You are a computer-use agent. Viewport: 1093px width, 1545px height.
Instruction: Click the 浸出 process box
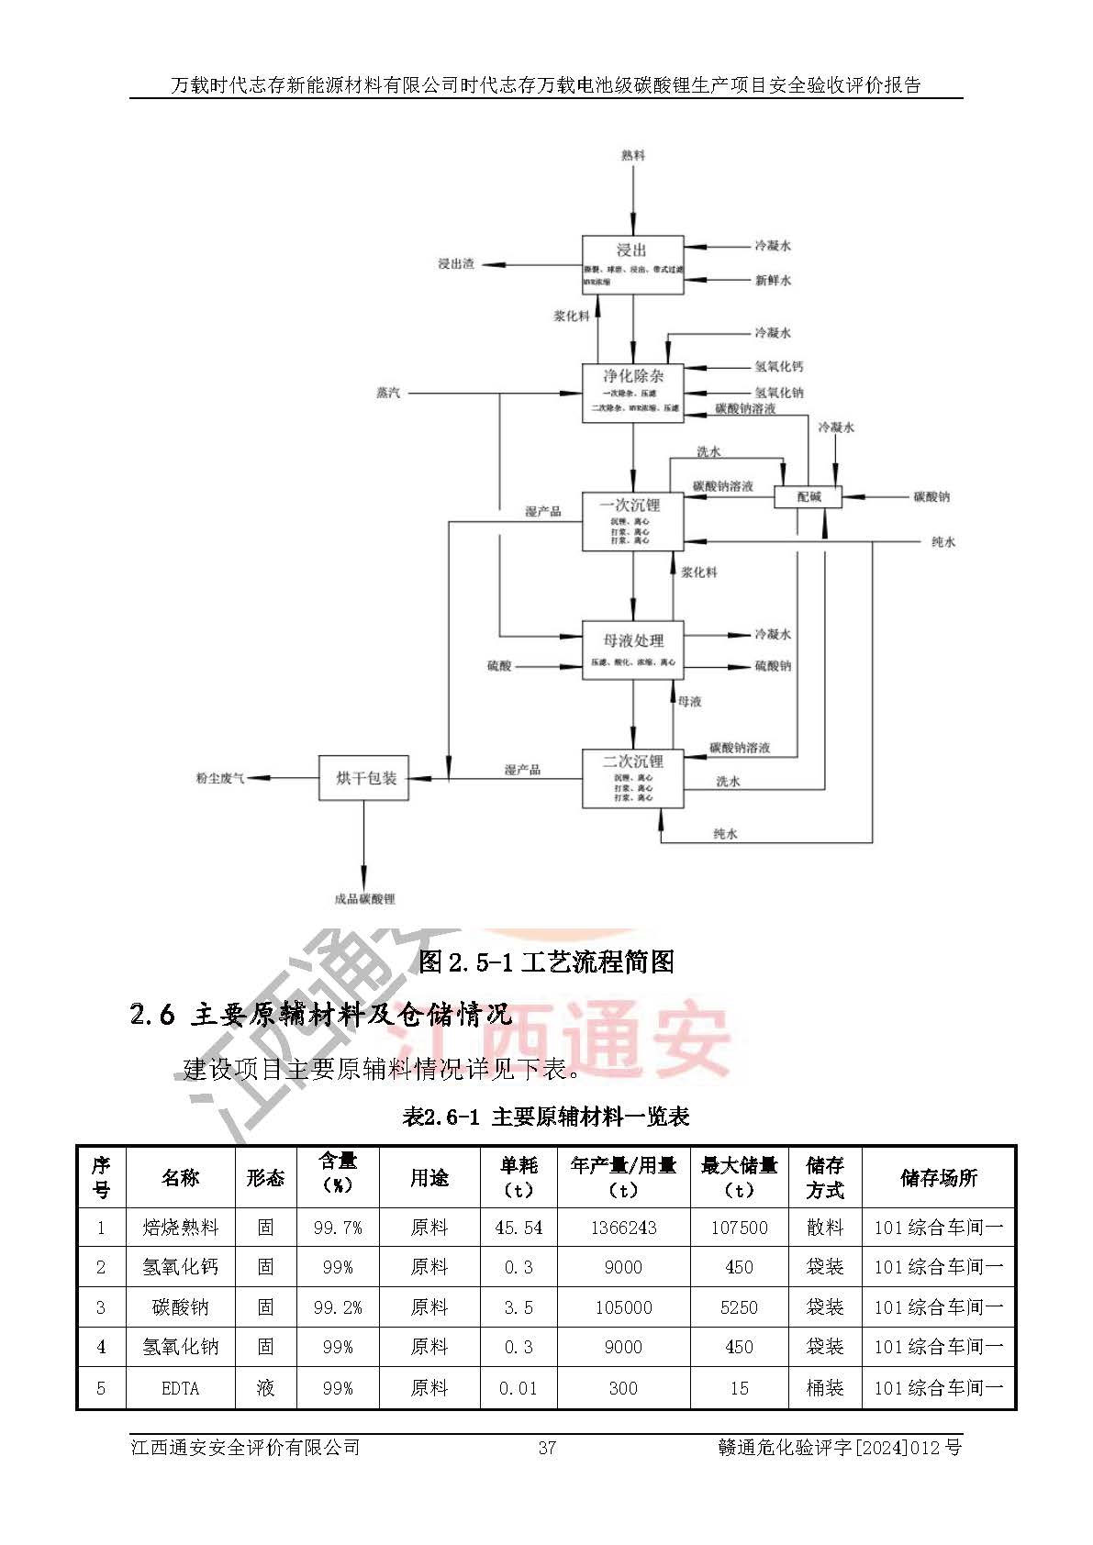(x=632, y=265)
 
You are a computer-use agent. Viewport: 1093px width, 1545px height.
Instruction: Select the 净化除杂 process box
(x=632, y=392)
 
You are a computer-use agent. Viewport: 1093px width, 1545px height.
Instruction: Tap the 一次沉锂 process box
(x=632, y=520)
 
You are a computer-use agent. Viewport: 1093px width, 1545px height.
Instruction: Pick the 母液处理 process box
(x=632, y=650)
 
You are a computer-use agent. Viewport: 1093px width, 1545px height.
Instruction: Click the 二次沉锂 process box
(x=632, y=779)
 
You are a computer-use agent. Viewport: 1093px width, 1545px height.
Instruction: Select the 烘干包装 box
(x=363, y=778)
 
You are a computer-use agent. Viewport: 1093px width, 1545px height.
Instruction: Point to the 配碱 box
(x=809, y=496)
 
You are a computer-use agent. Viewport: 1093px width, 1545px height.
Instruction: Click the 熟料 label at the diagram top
(x=632, y=155)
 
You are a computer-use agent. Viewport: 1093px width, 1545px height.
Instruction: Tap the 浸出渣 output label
(x=456, y=263)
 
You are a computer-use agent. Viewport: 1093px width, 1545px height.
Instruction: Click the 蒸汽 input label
(x=388, y=393)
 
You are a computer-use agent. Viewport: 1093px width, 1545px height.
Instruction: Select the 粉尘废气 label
(x=220, y=778)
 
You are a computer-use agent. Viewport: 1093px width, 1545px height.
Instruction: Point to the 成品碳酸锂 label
(x=364, y=899)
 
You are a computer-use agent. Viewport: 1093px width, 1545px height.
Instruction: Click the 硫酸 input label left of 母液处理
(x=499, y=666)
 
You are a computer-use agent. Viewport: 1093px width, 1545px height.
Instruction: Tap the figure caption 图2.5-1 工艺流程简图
(x=546, y=961)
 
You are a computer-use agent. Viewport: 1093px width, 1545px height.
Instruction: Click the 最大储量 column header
(x=739, y=1177)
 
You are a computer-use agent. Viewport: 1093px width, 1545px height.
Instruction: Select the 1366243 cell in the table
(x=623, y=1228)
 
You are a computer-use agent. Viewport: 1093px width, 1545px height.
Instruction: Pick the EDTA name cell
(x=180, y=1388)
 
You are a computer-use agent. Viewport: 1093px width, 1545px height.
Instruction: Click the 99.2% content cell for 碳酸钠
(x=338, y=1307)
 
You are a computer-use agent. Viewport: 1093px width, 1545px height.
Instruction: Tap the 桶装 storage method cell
(x=824, y=1388)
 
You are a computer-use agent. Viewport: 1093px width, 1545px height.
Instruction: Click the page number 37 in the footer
(x=547, y=1448)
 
